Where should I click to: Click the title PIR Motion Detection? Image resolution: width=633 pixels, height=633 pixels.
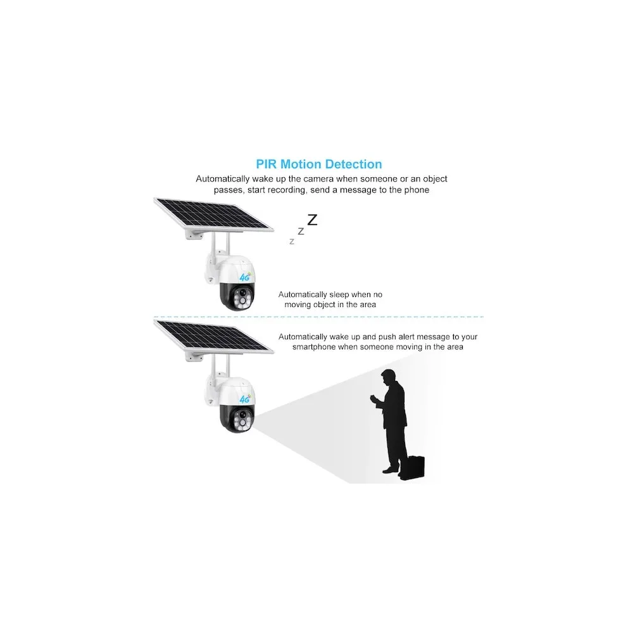pyautogui.click(x=319, y=165)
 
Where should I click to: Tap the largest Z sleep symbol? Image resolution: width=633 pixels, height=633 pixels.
pyautogui.click(x=312, y=220)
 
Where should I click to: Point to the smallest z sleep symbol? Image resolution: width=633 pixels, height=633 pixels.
pyautogui.click(x=291, y=242)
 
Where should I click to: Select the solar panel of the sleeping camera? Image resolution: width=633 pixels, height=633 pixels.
pyautogui.click(x=213, y=215)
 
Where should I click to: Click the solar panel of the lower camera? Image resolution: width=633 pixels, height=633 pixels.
pyautogui.click(x=213, y=336)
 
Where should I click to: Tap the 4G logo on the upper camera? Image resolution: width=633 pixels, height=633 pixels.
pyautogui.click(x=245, y=277)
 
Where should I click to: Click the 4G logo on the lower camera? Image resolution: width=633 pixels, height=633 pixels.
pyautogui.click(x=245, y=399)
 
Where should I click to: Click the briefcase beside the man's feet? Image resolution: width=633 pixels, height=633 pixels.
pyautogui.click(x=412, y=468)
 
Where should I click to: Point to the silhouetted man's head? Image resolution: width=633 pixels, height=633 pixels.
pyautogui.click(x=389, y=376)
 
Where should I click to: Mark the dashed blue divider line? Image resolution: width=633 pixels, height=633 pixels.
pyautogui.click(x=318, y=317)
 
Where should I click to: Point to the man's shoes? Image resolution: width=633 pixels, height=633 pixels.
pyautogui.click(x=391, y=470)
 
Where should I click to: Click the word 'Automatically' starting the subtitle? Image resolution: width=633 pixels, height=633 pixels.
pyautogui.click(x=222, y=179)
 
